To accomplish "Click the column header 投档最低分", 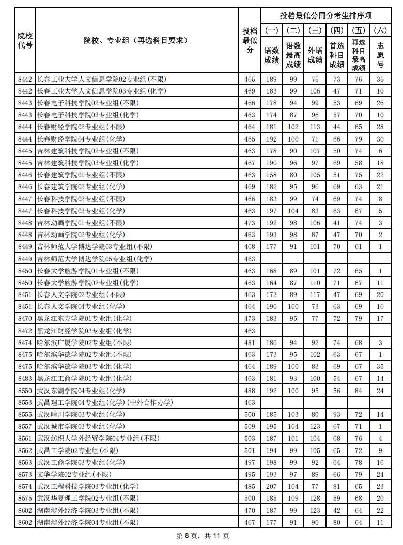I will [x=250, y=40].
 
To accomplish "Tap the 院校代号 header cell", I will [x=25, y=40].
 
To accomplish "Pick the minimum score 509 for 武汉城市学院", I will [x=250, y=426].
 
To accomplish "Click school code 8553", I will [x=25, y=402].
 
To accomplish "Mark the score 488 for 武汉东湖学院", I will [x=250, y=391].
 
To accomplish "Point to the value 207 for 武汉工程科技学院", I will [x=271, y=486].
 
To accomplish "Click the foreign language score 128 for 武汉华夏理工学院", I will [x=315, y=498].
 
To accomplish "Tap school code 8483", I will [x=25, y=379].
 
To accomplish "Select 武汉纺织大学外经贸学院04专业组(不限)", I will [x=98, y=438].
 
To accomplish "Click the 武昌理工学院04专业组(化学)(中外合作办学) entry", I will [x=105, y=402].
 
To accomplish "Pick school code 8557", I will [x=25, y=426].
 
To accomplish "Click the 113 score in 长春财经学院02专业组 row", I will [x=315, y=127].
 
